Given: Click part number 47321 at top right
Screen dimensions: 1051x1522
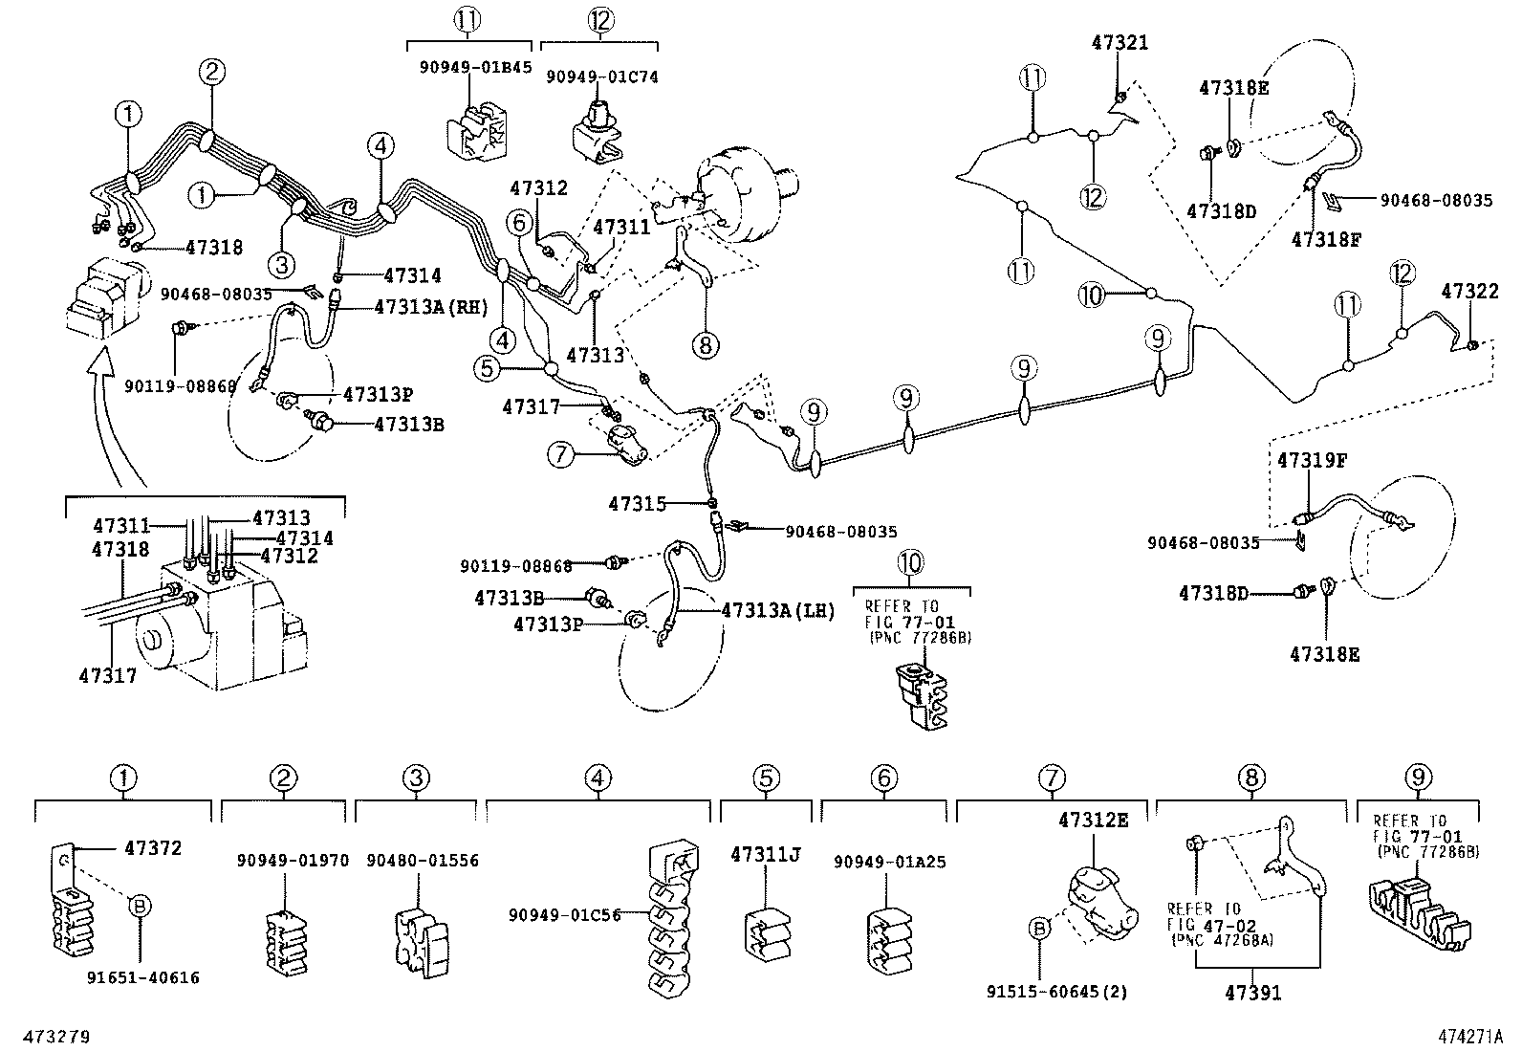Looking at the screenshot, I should click(x=1120, y=43).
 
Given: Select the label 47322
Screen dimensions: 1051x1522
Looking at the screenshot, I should click(x=1469, y=291).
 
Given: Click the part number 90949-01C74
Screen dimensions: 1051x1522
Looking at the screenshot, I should click(x=602, y=77).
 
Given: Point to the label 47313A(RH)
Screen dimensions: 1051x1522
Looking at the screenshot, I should click(x=431, y=307).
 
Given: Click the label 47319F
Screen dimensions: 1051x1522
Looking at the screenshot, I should click(x=1312, y=460).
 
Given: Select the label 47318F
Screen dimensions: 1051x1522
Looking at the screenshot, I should click(x=1325, y=239).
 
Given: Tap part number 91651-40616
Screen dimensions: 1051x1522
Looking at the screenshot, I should click(x=143, y=977).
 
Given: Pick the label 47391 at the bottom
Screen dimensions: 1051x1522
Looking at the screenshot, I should click(x=1252, y=994).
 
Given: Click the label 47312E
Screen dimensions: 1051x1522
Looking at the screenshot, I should click(x=1093, y=820).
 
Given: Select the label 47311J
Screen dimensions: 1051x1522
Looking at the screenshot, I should click(x=765, y=854).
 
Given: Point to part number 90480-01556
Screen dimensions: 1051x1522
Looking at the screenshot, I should click(x=422, y=861).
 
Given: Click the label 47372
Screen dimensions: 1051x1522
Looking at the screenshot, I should click(x=152, y=847).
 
